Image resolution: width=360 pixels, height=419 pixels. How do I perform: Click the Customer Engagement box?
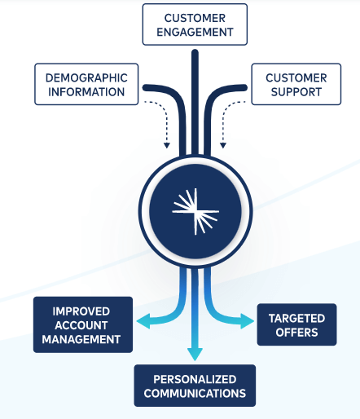tap(194, 24)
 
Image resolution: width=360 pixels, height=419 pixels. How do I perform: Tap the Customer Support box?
tap(296, 84)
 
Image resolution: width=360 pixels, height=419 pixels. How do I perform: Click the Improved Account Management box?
tap(81, 325)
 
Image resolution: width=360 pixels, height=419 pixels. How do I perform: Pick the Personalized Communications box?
tap(195, 386)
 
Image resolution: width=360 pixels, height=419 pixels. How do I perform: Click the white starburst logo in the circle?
tap(194, 209)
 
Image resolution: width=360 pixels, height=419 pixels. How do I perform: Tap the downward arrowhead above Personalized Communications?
tap(194, 353)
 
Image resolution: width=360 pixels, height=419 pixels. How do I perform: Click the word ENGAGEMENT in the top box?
tap(194, 33)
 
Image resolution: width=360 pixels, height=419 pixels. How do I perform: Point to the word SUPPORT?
tap(296, 91)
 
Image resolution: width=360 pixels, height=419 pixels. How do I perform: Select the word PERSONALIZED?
tap(195, 379)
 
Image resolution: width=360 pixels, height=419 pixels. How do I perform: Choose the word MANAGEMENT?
tap(81, 339)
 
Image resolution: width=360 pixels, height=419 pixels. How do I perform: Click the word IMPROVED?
tap(81, 311)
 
